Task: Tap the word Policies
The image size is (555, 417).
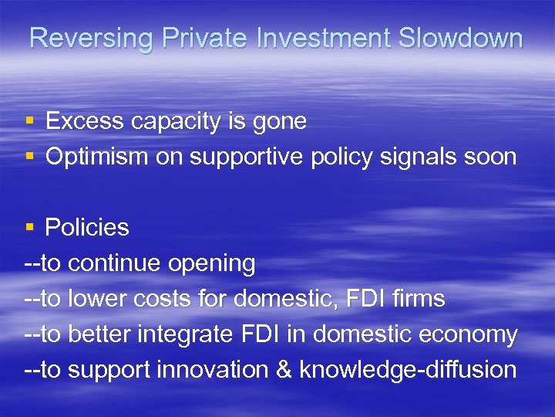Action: (x=87, y=228)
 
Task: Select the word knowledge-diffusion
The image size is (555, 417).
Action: (x=408, y=370)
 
